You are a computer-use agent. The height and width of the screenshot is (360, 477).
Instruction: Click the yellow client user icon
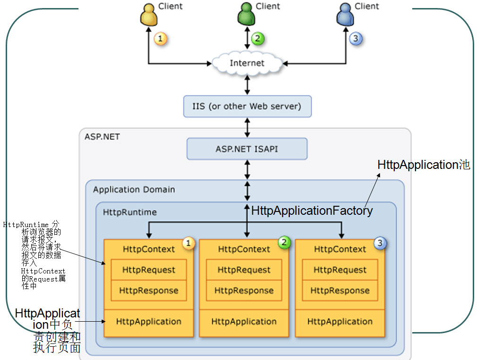coord(148,16)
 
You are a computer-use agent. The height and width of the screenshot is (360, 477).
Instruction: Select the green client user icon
coord(246,15)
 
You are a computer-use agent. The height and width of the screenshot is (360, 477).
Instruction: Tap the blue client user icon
coord(345,15)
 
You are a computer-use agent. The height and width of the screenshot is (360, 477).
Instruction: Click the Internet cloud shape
coord(247,63)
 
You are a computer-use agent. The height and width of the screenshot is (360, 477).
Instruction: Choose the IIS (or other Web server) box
coord(247,106)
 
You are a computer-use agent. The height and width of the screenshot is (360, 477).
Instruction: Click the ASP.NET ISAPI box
coord(247,149)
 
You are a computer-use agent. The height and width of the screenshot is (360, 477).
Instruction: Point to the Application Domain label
coord(134,190)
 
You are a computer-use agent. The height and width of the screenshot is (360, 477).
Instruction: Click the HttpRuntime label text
coord(130,212)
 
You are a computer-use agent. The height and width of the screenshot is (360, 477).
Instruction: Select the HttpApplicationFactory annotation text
coord(312,211)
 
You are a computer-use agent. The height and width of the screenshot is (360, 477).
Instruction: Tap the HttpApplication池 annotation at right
coord(424,165)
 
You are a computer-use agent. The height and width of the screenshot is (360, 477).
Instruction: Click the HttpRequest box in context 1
coord(148,270)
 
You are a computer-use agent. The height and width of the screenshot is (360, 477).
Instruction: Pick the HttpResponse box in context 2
coord(244,290)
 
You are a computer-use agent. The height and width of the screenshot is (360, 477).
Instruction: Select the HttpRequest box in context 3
coord(340,270)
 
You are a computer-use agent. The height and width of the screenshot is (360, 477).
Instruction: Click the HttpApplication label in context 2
coord(244,322)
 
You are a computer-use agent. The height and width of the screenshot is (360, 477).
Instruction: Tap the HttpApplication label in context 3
coord(340,322)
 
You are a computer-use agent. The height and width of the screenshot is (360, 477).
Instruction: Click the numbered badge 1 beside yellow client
coord(161,39)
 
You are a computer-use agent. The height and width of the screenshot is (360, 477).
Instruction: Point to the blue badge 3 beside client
coord(356,38)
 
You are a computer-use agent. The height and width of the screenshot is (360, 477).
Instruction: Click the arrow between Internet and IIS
coord(247,84)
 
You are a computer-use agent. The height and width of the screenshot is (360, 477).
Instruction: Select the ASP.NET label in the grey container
coord(102,137)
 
